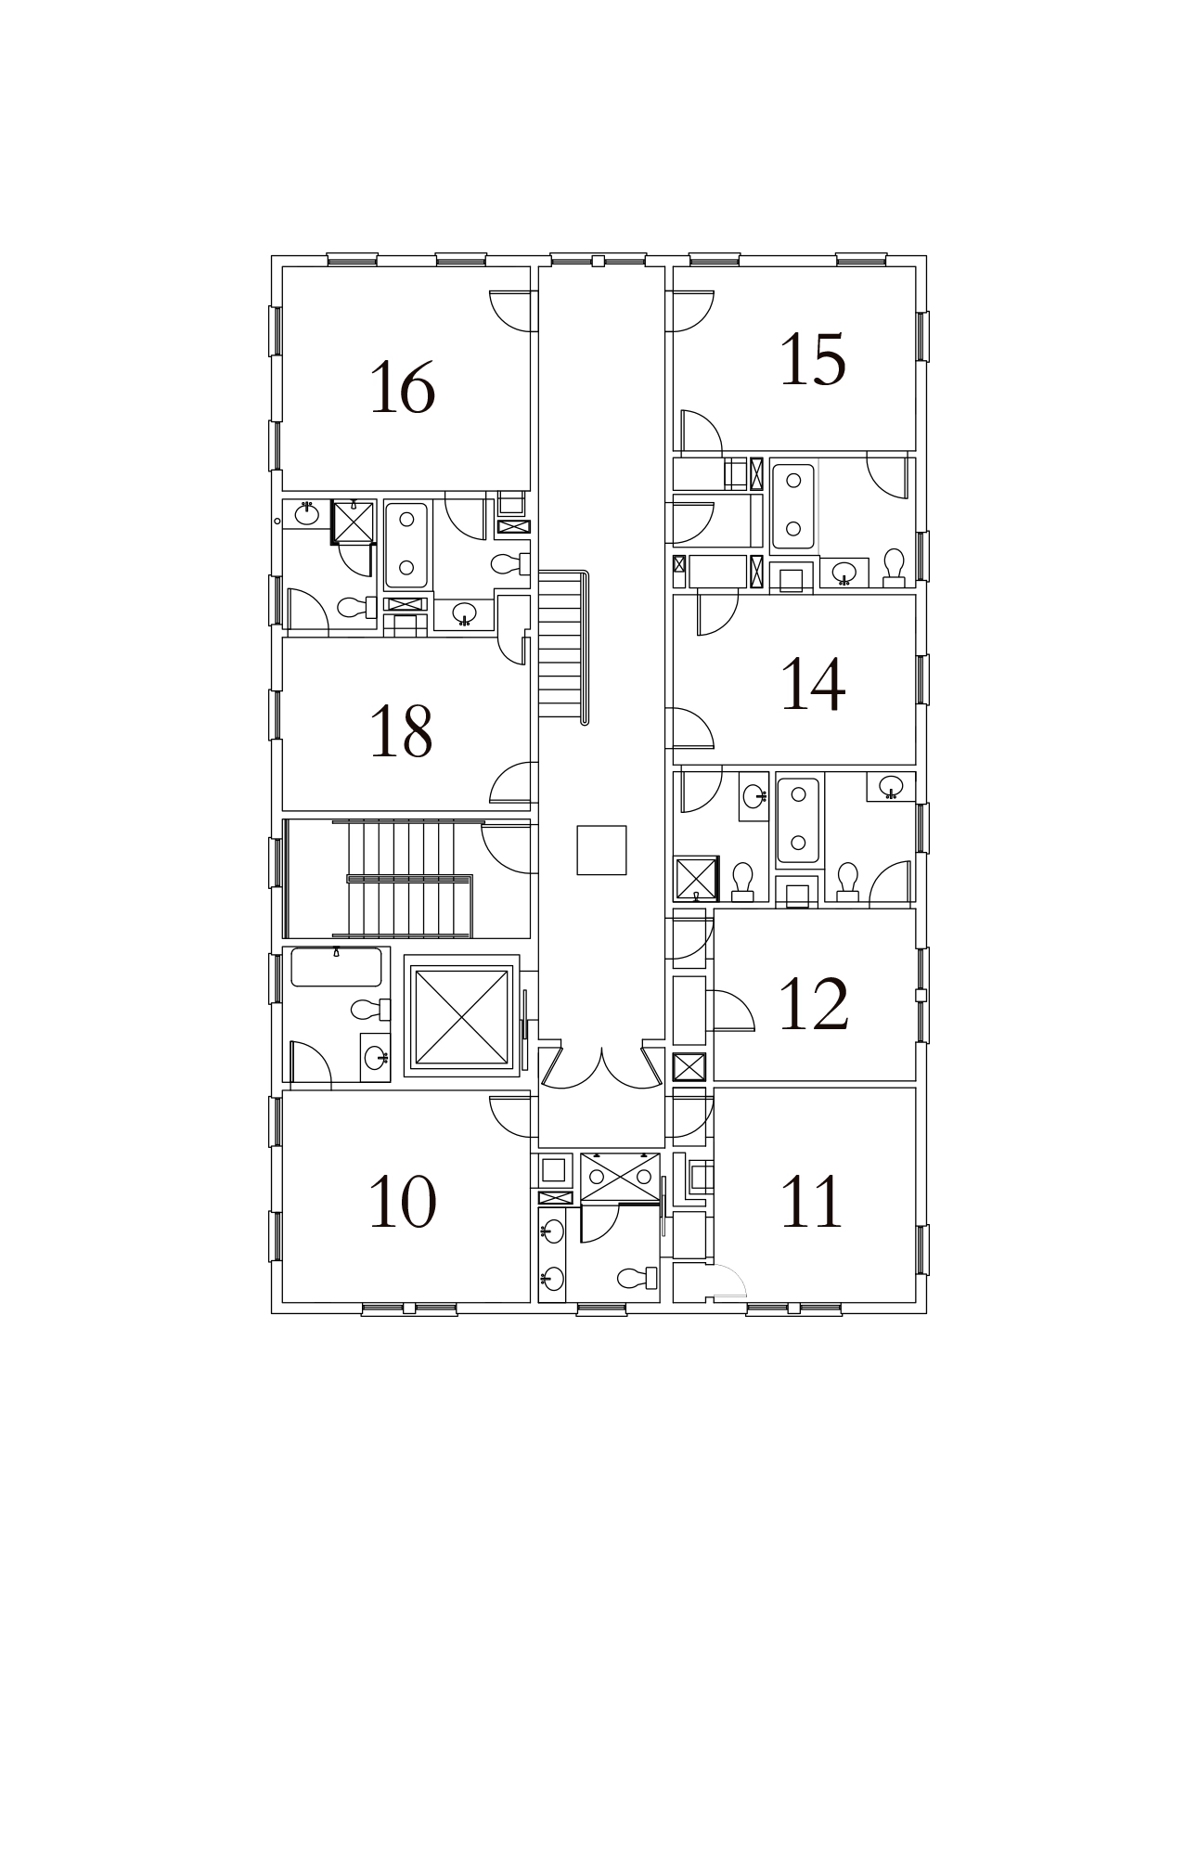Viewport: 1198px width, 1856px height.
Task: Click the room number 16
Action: tap(403, 388)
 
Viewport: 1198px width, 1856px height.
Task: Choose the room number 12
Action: tap(814, 1003)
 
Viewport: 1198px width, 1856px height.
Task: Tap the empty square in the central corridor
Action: tap(601, 850)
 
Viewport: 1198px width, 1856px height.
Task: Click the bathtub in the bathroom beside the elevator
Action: tap(336, 967)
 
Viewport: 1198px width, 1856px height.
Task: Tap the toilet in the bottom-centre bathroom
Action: tap(637, 1278)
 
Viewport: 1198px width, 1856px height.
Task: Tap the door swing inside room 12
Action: tap(733, 1011)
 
